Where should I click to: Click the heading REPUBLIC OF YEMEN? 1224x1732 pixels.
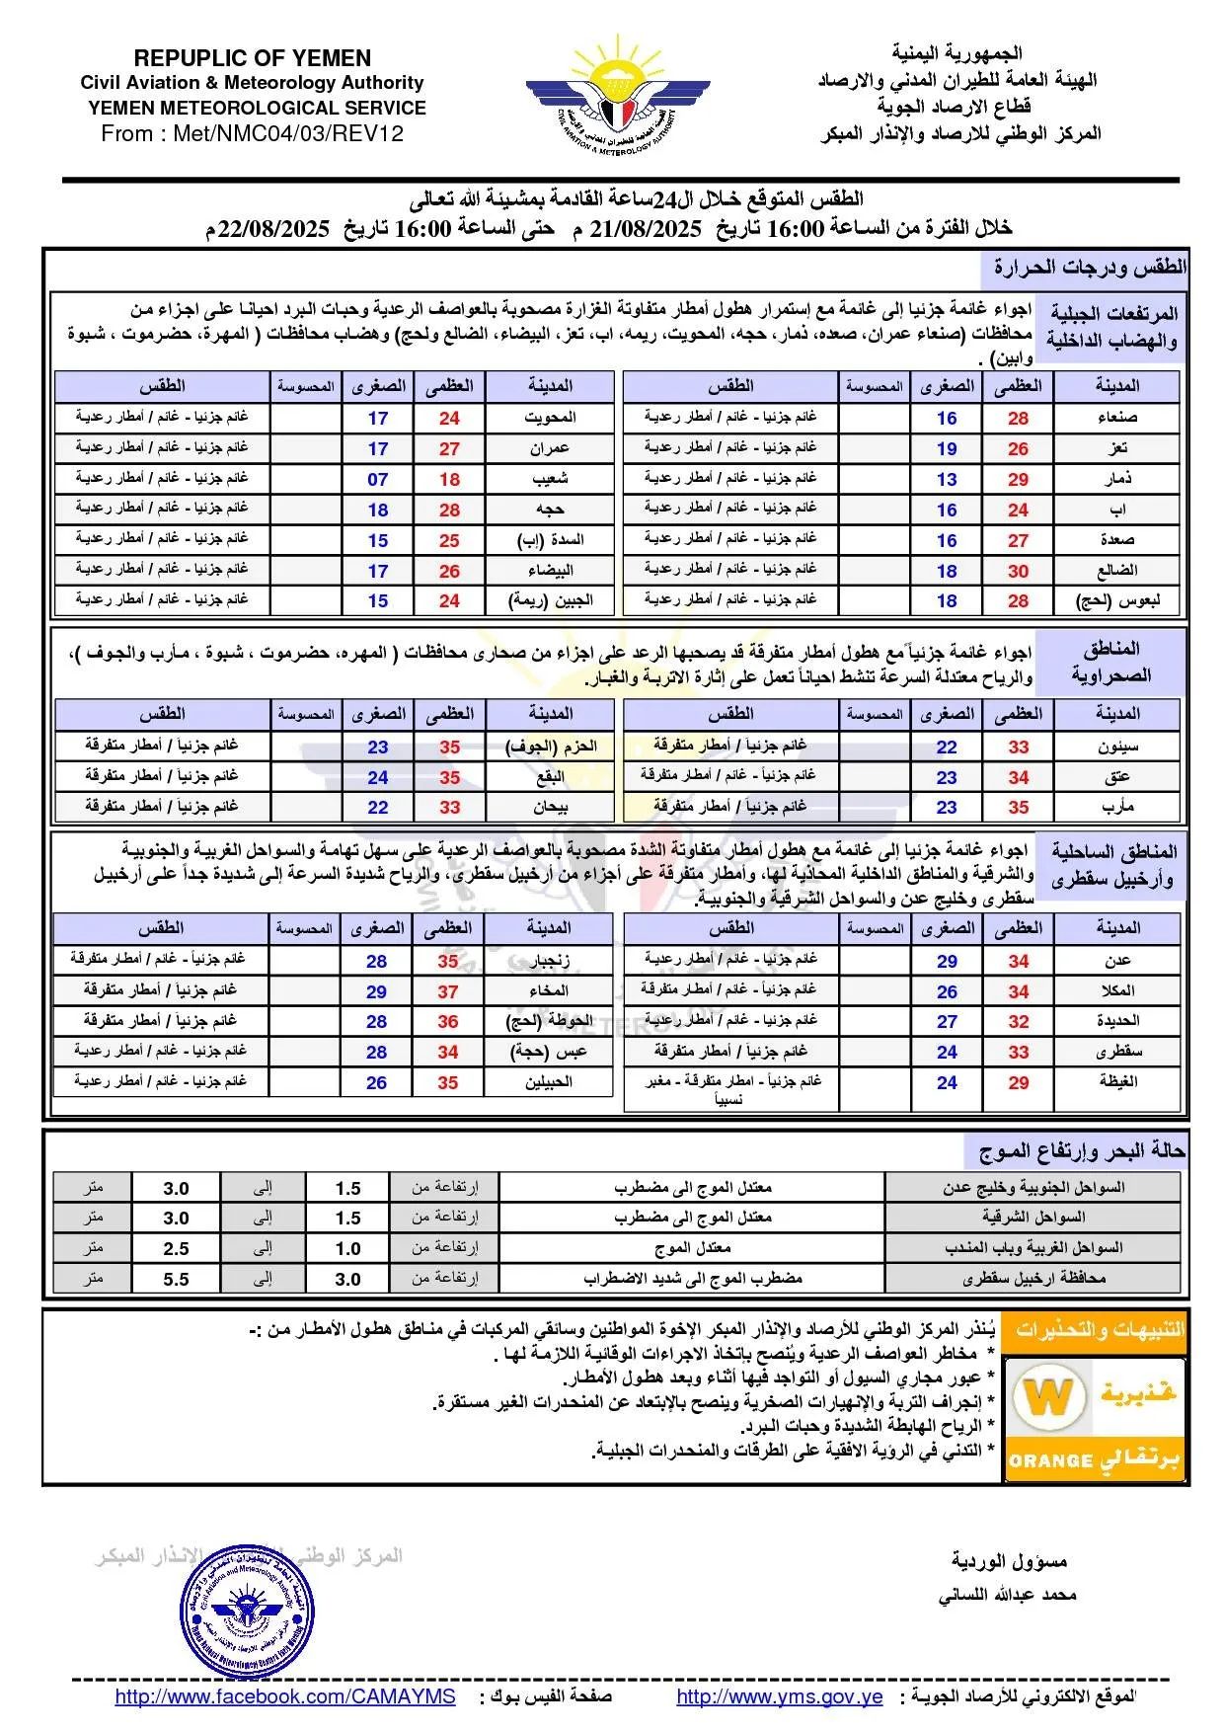253,58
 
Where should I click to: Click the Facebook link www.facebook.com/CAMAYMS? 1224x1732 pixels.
285,1696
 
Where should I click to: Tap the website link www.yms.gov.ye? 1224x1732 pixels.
779,1696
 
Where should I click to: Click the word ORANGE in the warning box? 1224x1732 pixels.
1051,1460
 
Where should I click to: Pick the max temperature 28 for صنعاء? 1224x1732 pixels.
1018,418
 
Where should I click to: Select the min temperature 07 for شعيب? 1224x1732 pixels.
378,479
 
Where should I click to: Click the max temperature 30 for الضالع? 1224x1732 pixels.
1018,571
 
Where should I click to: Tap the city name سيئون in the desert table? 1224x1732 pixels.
1117,747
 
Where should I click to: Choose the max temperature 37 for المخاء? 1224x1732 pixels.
448,990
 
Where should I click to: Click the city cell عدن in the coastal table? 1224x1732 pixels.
1117,960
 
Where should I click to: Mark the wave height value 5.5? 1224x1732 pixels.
176,1279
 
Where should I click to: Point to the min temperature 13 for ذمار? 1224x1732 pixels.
947,479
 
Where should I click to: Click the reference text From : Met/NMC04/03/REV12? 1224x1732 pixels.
253,133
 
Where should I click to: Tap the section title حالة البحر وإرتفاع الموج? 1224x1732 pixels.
1082,1151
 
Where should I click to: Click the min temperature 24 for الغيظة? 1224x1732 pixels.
947,1082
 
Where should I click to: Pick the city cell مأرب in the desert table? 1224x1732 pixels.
1117,807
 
